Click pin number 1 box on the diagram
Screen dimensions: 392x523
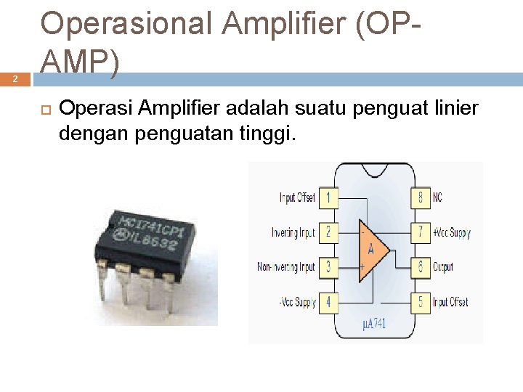328,197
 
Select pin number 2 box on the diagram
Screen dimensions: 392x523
328,232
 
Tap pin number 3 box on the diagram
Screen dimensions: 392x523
328,267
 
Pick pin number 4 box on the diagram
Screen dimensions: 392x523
328,302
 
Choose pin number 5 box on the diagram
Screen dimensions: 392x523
420,302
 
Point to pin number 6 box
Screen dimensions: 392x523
420,267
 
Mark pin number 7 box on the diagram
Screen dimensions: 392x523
420,232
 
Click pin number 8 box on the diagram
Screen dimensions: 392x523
420,197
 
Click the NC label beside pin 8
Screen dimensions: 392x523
438,197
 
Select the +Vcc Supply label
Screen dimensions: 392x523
452,233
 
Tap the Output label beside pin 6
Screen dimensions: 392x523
443,267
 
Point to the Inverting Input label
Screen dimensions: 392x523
293,233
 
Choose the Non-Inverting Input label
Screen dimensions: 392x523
286,267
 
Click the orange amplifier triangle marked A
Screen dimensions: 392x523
372,250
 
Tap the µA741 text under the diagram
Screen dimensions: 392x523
375,324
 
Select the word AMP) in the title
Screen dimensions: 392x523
80,65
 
